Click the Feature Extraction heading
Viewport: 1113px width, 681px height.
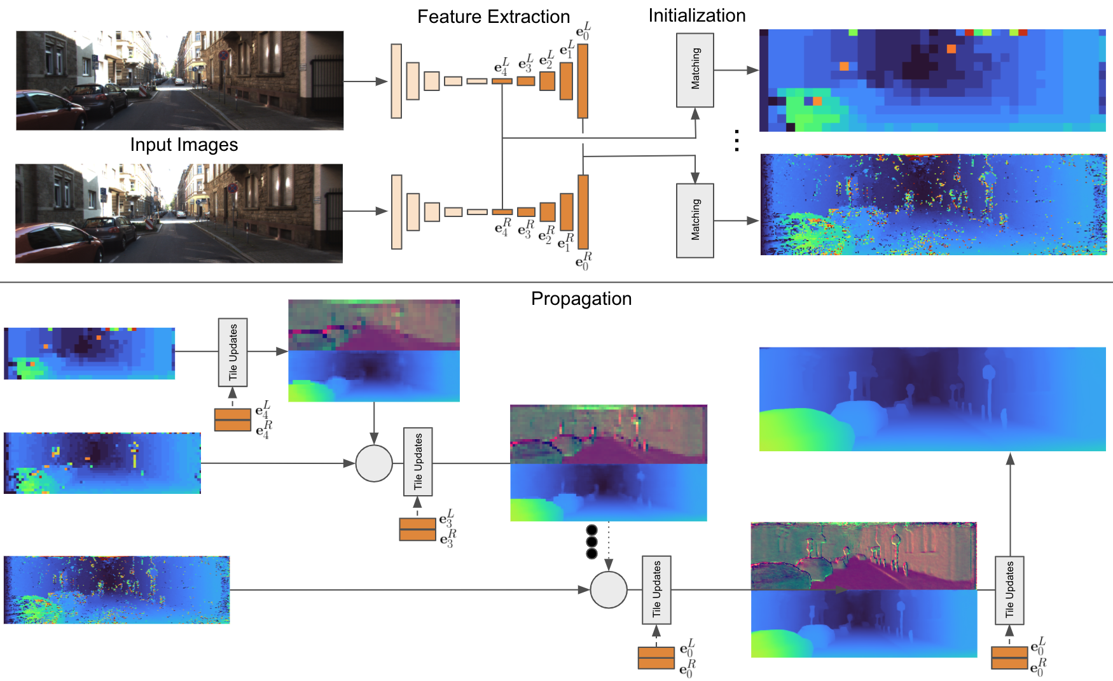[x=493, y=17]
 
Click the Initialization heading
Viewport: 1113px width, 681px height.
[x=696, y=15]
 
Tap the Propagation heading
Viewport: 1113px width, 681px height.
[x=581, y=298]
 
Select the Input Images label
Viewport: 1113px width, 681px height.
[x=184, y=144]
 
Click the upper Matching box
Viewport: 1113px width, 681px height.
[x=695, y=70]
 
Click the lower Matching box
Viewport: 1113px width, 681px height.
[x=695, y=220]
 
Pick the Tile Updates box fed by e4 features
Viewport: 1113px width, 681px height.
[x=233, y=352]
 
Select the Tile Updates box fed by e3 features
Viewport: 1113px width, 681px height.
[x=418, y=461]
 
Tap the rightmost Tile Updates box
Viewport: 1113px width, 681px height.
[x=1009, y=590]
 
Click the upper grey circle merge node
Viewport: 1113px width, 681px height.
[x=374, y=463]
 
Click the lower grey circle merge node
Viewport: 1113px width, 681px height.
[x=609, y=589]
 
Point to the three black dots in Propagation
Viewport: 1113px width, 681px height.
[x=591, y=542]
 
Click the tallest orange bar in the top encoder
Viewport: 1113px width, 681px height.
[x=583, y=81]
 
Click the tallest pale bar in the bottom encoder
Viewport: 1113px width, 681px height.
[x=397, y=212]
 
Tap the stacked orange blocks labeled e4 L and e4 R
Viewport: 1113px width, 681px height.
[x=233, y=420]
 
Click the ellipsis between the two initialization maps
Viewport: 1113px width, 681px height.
[x=736, y=141]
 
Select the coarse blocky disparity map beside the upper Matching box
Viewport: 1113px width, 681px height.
[x=932, y=80]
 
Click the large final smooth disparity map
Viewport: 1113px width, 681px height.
[x=932, y=399]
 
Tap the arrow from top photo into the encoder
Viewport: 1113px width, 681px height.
[x=365, y=81]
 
